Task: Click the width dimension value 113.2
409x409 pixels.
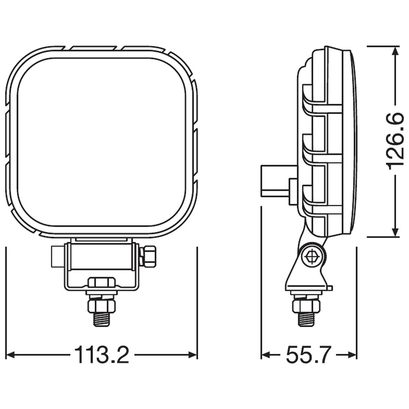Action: coord(101,355)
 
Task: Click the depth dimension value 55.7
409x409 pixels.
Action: coord(308,355)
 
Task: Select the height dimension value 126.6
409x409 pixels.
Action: coord(395,141)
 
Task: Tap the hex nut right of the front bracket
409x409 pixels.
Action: coord(149,256)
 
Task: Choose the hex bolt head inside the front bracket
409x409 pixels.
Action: coord(101,282)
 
